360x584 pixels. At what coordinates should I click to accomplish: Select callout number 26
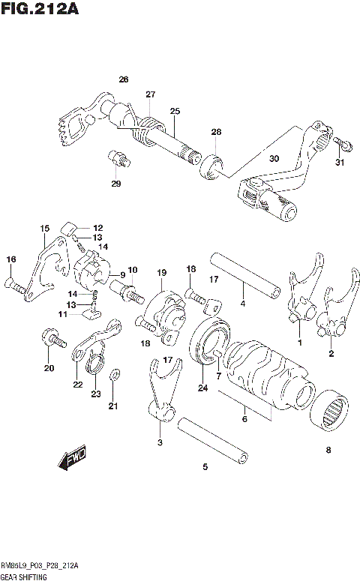[x=124, y=79]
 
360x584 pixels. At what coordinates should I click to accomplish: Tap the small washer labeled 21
[x=113, y=376]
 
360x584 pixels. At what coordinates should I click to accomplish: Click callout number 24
[x=202, y=388]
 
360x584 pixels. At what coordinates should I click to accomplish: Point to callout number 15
[x=45, y=228]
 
